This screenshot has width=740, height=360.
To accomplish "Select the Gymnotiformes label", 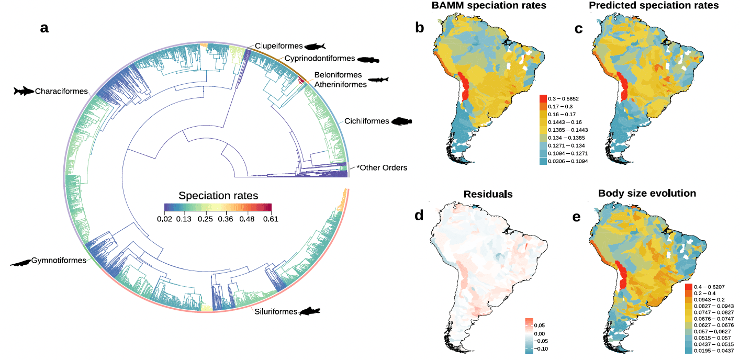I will pos(58,260).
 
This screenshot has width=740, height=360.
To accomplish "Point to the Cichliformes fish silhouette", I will pos(402,121).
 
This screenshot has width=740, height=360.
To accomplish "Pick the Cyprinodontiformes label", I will pos(320,58).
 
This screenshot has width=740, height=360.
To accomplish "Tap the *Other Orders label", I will pos(382,168).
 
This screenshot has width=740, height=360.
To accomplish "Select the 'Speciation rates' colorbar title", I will pos(218,196).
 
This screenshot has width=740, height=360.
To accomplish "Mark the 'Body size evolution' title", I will pos(647,194).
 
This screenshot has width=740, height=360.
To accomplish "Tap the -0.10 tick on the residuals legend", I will pos(539,347).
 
